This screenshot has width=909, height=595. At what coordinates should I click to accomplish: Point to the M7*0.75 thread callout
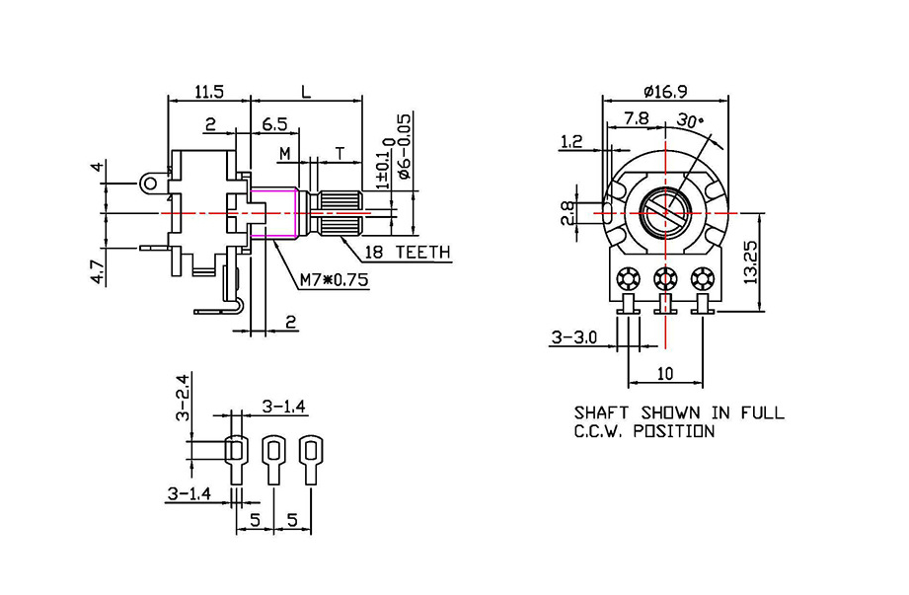334,280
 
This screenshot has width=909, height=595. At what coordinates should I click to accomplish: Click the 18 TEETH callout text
408,253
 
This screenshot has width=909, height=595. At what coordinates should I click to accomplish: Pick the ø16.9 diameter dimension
664,91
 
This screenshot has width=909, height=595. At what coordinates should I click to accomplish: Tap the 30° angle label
690,120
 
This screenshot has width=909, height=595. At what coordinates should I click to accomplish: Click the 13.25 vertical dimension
753,262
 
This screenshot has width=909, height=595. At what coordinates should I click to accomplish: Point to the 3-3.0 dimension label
573,337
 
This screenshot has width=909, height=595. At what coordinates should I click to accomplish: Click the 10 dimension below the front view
666,374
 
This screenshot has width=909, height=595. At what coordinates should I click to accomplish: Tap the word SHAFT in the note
605,412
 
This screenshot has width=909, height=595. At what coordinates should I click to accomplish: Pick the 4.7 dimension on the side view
98,268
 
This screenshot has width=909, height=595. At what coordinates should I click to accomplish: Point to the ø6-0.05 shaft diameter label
405,146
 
